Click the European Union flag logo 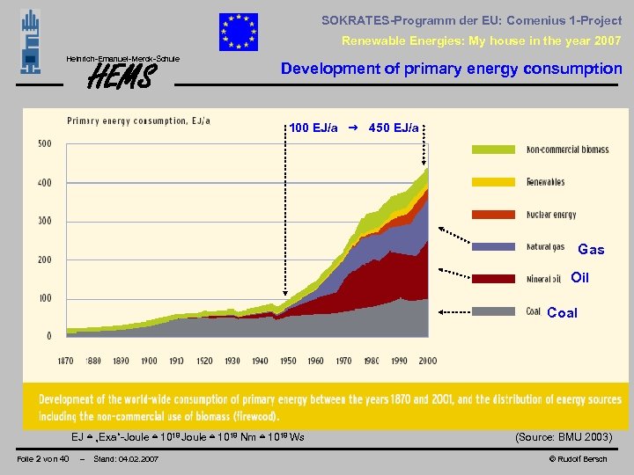point(239,33)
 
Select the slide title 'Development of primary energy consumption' point(451,69)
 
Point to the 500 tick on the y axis point(43,143)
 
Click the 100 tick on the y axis point(43,298)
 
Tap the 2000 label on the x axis point(427,362)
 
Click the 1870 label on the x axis point(66,362)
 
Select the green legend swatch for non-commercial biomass point(496,150)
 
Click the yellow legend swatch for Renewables point(496,182)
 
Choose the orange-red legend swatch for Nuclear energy point(496,215)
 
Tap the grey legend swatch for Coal point(496,311)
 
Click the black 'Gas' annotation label point(591,250)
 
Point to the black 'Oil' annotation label point(579,278)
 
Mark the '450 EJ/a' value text point(394,128)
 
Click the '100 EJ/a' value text point(313,128)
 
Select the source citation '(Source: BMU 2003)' point(563,436)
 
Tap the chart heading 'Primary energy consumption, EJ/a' point(139,121)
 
